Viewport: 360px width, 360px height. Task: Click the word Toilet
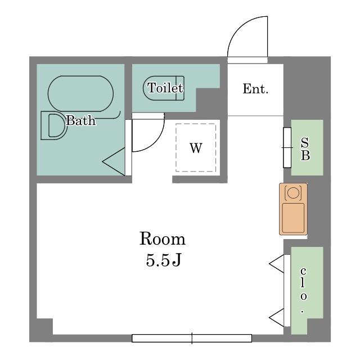click(165, 88)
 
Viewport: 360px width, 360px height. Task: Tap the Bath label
click(80, 120)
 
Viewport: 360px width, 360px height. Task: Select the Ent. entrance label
click(255, 89)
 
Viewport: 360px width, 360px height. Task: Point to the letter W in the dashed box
click(196, 148)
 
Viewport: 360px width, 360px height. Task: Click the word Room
click(163, 238)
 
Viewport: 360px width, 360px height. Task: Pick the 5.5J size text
click(164, 260)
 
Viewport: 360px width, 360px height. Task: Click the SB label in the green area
click(305, 148)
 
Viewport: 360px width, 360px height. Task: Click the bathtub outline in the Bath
click(80, 76)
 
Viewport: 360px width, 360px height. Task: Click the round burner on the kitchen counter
click(293, 192)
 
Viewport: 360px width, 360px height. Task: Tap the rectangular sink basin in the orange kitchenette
click(293, 218)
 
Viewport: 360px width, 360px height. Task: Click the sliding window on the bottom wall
click(192, 338)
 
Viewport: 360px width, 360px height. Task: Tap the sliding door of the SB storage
click(287, 147)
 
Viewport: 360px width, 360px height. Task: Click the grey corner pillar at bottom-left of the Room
click(44, 326)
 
